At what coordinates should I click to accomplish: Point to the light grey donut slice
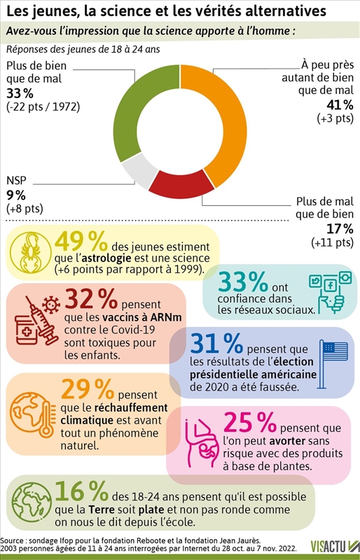(x=139, y=172)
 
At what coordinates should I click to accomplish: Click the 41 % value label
(x=340, y=104)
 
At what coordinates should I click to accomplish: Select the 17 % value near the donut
(x=340, y=228)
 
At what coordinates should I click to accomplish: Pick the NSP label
(x=16, y=180)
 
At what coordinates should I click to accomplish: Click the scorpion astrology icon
(x=31, y=253)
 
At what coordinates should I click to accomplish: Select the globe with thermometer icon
(x=33, y=415)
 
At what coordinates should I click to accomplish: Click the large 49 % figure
(x=81, y=241)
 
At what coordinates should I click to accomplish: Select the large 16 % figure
(x=82, y=491)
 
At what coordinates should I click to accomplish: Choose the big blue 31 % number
(x=216, y=343)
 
